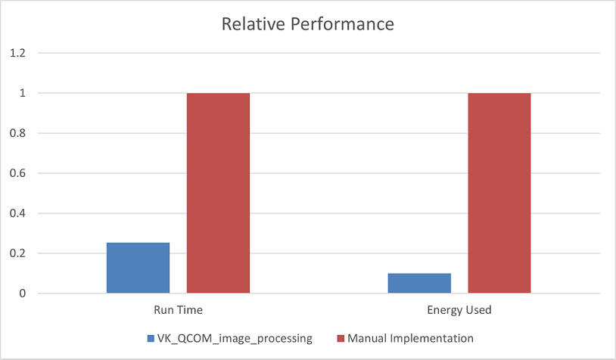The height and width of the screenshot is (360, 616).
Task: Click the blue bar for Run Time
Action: [138, 268]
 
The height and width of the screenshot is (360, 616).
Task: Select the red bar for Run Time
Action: [218, 193]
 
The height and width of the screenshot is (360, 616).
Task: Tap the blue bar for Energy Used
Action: [419, 283]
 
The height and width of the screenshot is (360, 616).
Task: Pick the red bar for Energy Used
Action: [499, 193]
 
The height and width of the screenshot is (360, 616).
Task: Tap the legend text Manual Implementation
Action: [409, 338]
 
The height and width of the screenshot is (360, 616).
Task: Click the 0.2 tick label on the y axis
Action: [17, 253]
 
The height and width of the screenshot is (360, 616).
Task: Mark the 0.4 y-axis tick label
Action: [17, 213]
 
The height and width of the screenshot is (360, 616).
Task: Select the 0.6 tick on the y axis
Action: [17, 173]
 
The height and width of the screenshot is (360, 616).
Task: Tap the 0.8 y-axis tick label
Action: [17, 133]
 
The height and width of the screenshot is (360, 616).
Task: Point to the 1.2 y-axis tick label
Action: [17, 53]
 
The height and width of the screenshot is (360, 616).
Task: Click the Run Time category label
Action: [178, 310]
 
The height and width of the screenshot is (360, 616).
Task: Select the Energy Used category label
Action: [459, 310]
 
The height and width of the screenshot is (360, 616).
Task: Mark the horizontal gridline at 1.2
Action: [318, 53]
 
